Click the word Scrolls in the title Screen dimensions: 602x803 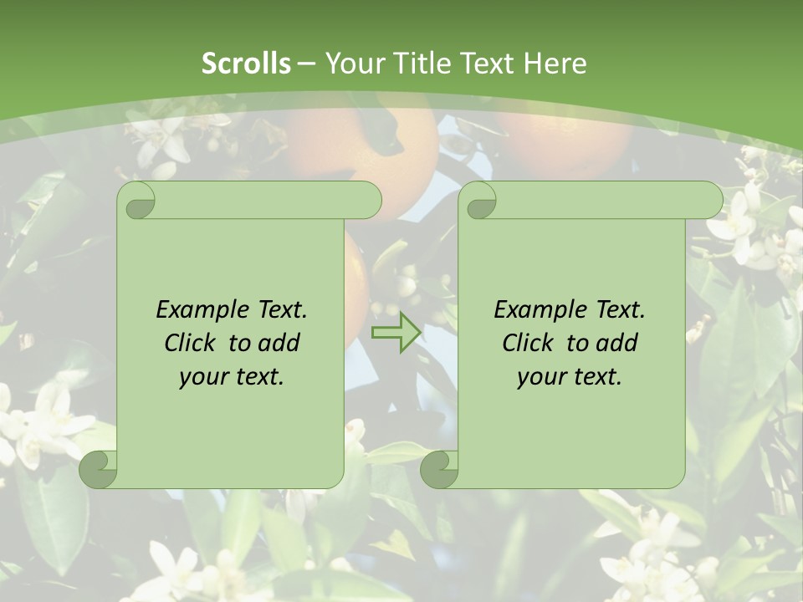click(x=246, y=63)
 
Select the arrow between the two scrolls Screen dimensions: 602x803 click(x=396, y=333)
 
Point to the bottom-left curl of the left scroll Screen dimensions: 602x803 click(x=99, y=470)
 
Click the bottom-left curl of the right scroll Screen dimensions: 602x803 click(x=439, y=470)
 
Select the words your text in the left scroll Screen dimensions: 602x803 click(x=232, y=376)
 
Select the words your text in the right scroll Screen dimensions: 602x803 click(x=570, y=376)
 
